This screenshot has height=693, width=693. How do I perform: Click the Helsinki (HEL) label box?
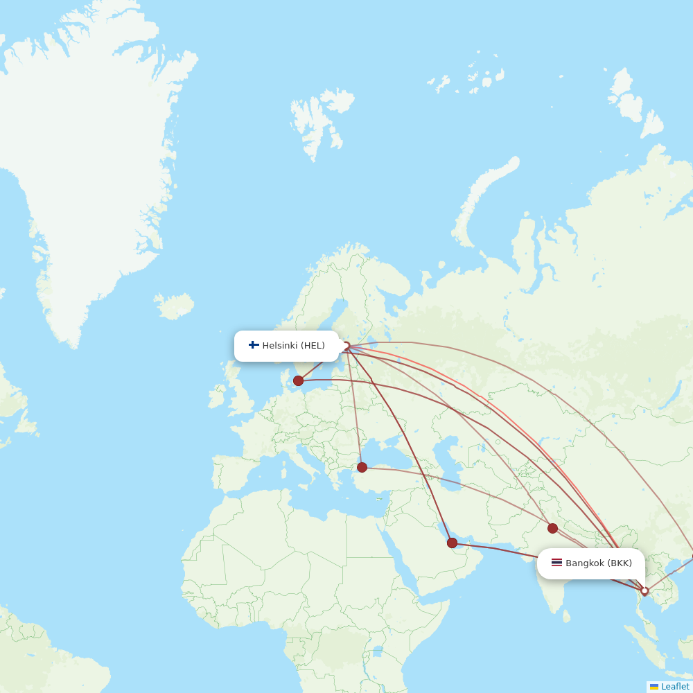tap(286, 346)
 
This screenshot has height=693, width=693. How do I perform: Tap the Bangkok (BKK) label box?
tap(591, 563)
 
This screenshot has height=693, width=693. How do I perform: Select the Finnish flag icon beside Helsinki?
tap(254, 345)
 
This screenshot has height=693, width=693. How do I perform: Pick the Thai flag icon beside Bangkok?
tap(556, 563)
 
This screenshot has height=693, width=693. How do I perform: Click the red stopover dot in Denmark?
tap(298, 380)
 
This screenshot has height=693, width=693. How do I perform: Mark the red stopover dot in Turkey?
tap(362, 467)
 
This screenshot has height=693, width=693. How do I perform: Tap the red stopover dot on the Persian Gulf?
tap(453, 543)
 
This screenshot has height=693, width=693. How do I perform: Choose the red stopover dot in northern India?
tap(552, 528)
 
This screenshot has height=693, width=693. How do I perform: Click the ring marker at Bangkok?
tap(644, 591)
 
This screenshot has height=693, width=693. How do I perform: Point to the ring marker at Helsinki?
tap(346, 345)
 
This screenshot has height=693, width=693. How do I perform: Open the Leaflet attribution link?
tap(675, 687)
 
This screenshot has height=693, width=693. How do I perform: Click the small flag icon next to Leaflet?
tap(654, 687)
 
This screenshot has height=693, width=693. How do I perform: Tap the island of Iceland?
tap(174, 306)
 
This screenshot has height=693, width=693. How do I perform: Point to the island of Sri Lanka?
tap(567, 615)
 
